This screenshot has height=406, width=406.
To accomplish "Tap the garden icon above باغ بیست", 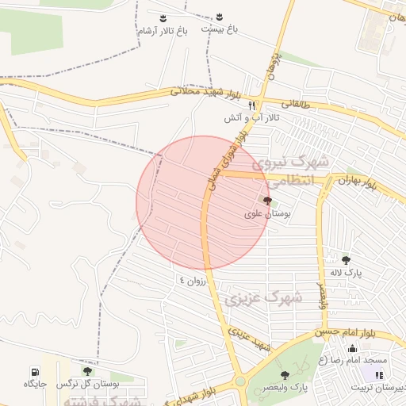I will pyautogui.click(x=220, y=17).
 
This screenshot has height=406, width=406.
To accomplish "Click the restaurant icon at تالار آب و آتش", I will pyautogui.click(x=252, y=105).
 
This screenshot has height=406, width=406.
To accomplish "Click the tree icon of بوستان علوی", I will pyautogui.click(x=266, y=201).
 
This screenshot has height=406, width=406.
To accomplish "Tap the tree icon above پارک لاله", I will pyautogui.click(x=346, y=259).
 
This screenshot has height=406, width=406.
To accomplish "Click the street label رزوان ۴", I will pyautogui.click(x=193, y=279).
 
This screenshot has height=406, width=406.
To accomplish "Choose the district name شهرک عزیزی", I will pyautogui.click(x=264, y=298).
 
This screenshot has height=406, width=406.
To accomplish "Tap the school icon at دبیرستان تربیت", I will pyautogui.click(x=370, y=374).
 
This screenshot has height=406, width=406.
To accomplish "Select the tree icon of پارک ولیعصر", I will pyautogui.click(x=285, y=374).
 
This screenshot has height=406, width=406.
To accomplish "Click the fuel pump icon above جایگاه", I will pyautogui.click(x=35, y=371).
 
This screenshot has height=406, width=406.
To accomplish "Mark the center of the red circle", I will pyautogui.click(x=204, y=203).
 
